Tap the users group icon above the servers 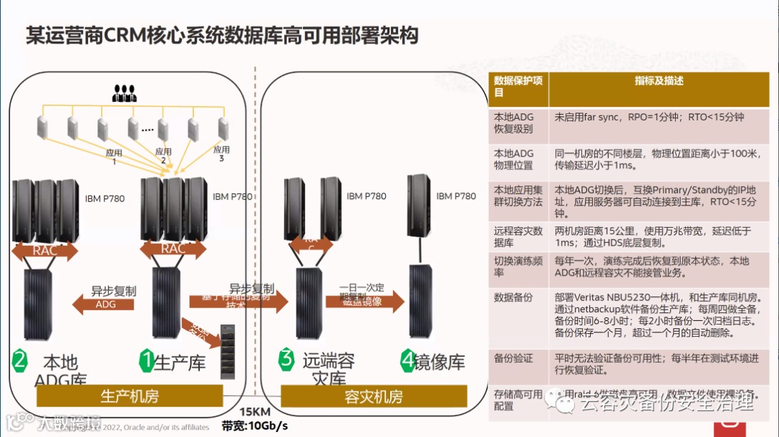(125, 93)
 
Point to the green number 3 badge (287, 358)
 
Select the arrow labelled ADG (105, 304)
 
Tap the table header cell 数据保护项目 (518, 87)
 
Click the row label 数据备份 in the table (513, 296)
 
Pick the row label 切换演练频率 (518, 267)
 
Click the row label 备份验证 (513, 358)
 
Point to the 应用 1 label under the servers (114, 157)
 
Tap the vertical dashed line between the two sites (255, 216)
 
